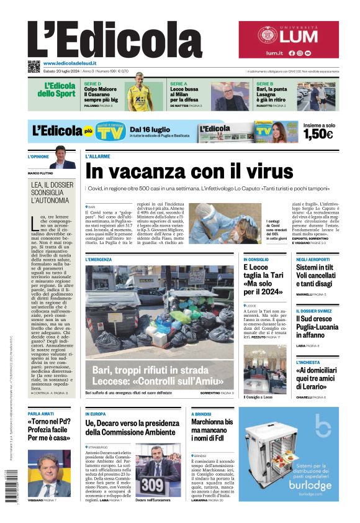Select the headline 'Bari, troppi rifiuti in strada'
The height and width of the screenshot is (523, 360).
[x=158, y=375]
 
